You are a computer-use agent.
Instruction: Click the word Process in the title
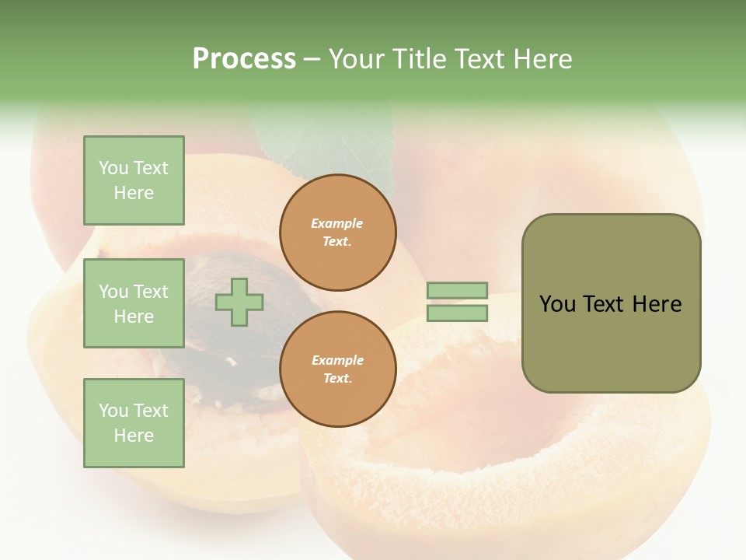tap(244, 59)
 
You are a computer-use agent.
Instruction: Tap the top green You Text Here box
tap(134, 180)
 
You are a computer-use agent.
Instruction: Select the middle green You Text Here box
tap(134, 303)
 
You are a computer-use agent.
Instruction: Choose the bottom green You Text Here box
tap(134, 423)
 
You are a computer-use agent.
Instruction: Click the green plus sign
tap(239, 302)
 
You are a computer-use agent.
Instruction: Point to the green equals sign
tap(457, 302)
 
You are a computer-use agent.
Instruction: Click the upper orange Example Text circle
tap(337, 233)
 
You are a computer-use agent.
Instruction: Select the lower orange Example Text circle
tap(337, 369)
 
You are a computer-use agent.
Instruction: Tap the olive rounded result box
tap(611, 303)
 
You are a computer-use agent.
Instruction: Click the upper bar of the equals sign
tap(457, 291)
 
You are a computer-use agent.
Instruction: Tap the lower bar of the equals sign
tap(457, 313)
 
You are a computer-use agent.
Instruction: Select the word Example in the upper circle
tap(337, 223)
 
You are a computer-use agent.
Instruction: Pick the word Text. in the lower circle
tap(337, 379)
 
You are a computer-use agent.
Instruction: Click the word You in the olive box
tap(556, 304)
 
